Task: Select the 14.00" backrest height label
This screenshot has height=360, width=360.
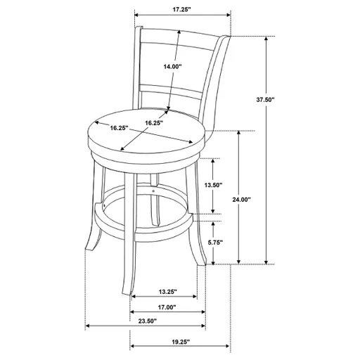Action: click(172, 67)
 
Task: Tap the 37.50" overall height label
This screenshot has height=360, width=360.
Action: click(285, 100)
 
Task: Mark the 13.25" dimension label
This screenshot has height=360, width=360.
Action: click(167, 292)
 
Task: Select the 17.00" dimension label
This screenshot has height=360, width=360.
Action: click(167, 307)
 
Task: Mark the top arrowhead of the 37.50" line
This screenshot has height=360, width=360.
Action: click(266, 39)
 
